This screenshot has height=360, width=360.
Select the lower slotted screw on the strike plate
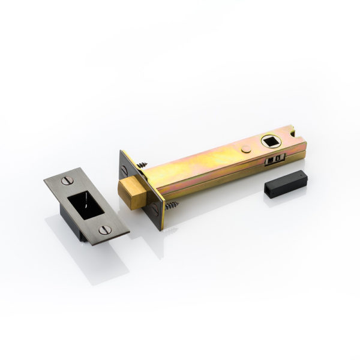click(104, 229)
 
